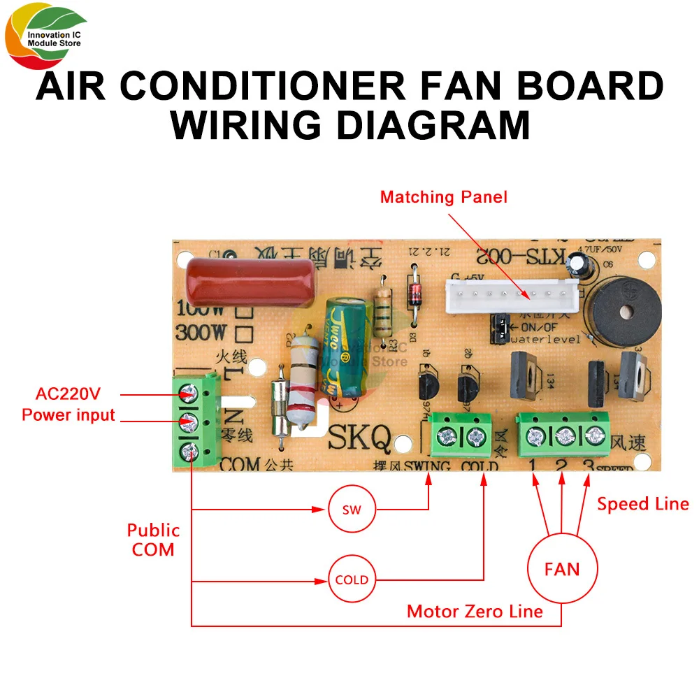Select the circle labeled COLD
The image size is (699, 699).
(352, 579)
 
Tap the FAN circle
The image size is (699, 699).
(562, 569)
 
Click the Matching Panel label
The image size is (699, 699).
(444, 197)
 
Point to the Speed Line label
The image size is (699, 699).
(642, 504)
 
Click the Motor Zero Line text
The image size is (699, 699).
(475, 612)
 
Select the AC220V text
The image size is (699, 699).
(69, 392)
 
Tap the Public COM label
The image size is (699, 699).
(153, 540)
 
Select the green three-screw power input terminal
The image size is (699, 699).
(195, 421)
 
